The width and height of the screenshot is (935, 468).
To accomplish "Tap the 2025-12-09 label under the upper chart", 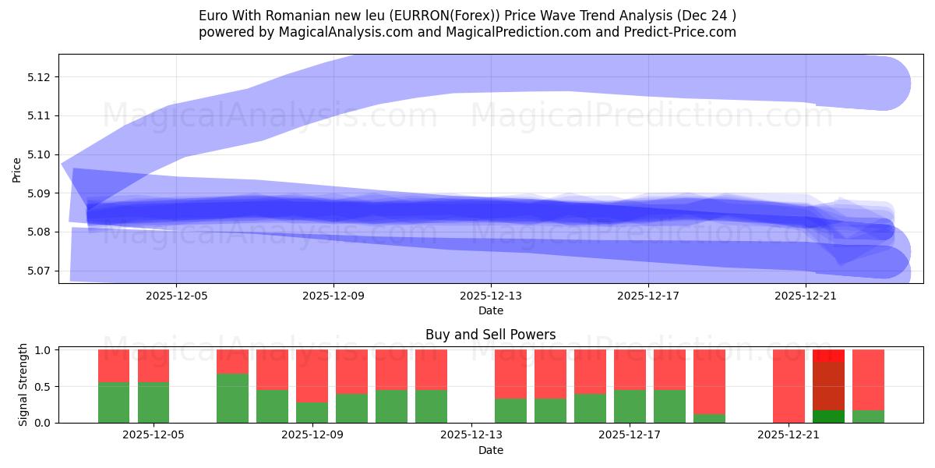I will [333, 296].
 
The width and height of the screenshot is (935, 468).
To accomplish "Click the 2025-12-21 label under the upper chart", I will [805, 296].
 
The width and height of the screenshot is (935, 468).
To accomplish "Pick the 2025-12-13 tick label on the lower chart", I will [471, 435].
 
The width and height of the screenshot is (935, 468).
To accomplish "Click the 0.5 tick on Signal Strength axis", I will [44, 386].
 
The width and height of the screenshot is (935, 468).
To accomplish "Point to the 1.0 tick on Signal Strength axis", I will [44, 350].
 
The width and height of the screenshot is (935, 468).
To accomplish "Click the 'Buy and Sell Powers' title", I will [490, 335].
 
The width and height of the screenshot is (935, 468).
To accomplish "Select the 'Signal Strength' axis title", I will [23, 385].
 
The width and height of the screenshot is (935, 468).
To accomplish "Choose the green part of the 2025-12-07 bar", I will [232, 398].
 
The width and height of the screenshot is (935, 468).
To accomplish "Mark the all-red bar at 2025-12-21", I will [789, 386].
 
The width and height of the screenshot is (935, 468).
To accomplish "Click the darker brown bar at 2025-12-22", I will [828, 386].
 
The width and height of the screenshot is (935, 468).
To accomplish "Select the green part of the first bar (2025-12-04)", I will [114, 402].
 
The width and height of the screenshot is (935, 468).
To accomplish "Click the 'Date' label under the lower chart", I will [490, 450].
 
